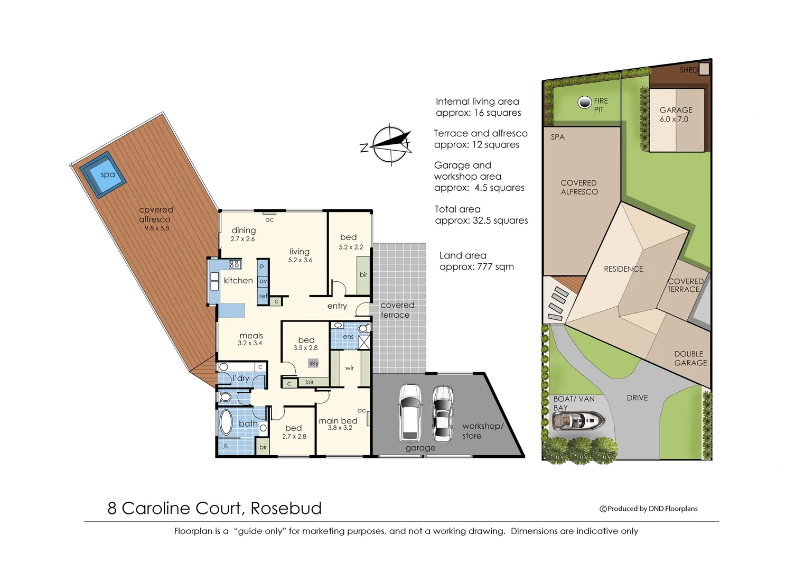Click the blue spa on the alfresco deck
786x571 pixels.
point(104,175)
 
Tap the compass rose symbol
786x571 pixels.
point(391,144)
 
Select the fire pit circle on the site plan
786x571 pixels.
point(584,103)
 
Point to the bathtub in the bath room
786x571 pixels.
point(226,423)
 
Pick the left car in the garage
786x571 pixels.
point(410,412)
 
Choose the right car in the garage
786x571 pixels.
point(443,413)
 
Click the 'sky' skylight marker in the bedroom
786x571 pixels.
point(314,363)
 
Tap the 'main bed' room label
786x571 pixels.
point(338,421)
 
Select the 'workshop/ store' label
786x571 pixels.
point(482,431)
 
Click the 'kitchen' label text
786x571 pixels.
point(238,281)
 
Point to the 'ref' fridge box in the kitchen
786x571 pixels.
point(263,296)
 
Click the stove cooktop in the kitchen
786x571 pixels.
point(235,264)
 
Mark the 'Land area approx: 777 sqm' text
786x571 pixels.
point(476,261)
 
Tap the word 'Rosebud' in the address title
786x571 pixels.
point(286,508)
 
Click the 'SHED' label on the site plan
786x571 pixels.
point(688,70)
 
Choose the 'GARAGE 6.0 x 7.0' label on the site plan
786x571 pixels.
point(676,115)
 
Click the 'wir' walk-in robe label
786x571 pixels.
point(350,368)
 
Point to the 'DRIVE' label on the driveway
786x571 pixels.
point(637,398)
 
